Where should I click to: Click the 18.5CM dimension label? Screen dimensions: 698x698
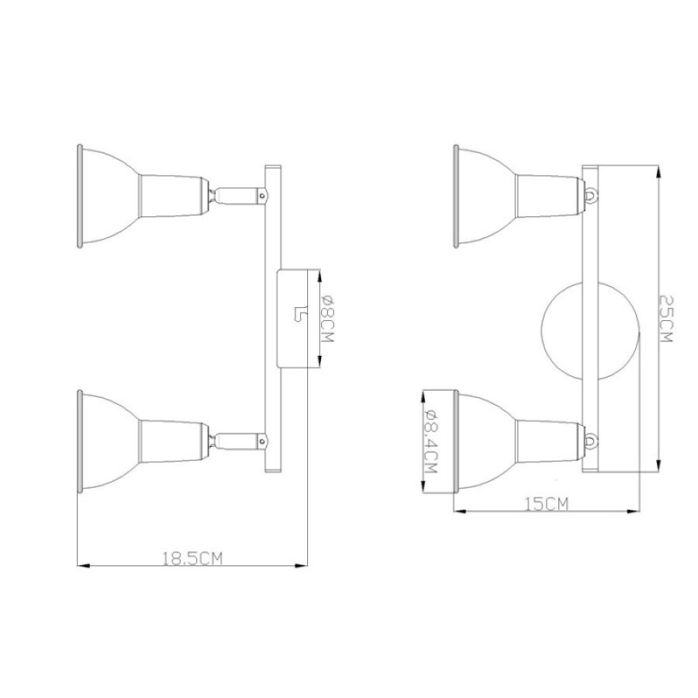pos(192,558)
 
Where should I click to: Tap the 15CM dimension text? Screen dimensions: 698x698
pos(547,504)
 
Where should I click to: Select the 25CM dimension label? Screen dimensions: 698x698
pos(665,318)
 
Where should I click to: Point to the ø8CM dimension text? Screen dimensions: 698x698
pos(326,318)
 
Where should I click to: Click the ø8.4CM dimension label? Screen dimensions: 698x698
pos(430,441)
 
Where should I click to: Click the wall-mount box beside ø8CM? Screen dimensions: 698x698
pos(292,318)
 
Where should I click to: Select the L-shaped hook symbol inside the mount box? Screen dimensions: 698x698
pos(300,314)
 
